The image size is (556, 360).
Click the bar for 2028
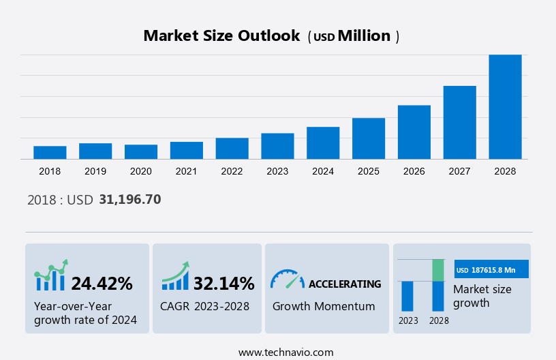(505, 107)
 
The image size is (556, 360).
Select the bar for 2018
(50, 153)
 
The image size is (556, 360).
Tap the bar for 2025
(369, 138)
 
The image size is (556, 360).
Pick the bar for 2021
(187, 151)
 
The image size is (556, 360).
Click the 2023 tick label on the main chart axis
(277, 171)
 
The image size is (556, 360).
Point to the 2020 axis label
(141, 171)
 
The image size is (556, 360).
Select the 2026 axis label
(414, 171)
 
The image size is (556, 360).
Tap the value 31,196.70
(130, 200)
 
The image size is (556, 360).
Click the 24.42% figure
(102, 284)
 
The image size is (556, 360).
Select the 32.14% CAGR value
(223, 284)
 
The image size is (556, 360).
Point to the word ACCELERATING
(345, 284)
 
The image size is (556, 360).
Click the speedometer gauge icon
(287, 279)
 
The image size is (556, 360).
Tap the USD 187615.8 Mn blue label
(491, 270)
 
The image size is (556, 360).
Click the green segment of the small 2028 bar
(438, 270)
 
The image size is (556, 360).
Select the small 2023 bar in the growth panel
(407, 296)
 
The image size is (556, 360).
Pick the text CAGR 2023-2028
(204, 306)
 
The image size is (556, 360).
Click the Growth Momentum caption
(324, 306)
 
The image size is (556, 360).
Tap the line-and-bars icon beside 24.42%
(51, 275)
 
